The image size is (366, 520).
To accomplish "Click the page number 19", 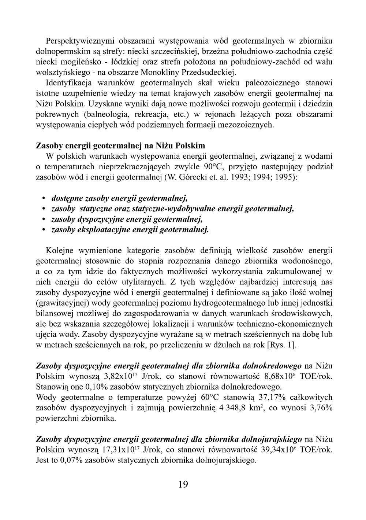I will [x=183, y=485].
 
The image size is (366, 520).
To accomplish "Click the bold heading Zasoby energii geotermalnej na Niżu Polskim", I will [x=120, y=146].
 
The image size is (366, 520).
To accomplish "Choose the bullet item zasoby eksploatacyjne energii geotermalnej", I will [x=130, y=230].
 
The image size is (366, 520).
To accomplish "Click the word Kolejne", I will [x=60, y=251].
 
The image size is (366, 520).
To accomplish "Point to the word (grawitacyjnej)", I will [x=60, y=303].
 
